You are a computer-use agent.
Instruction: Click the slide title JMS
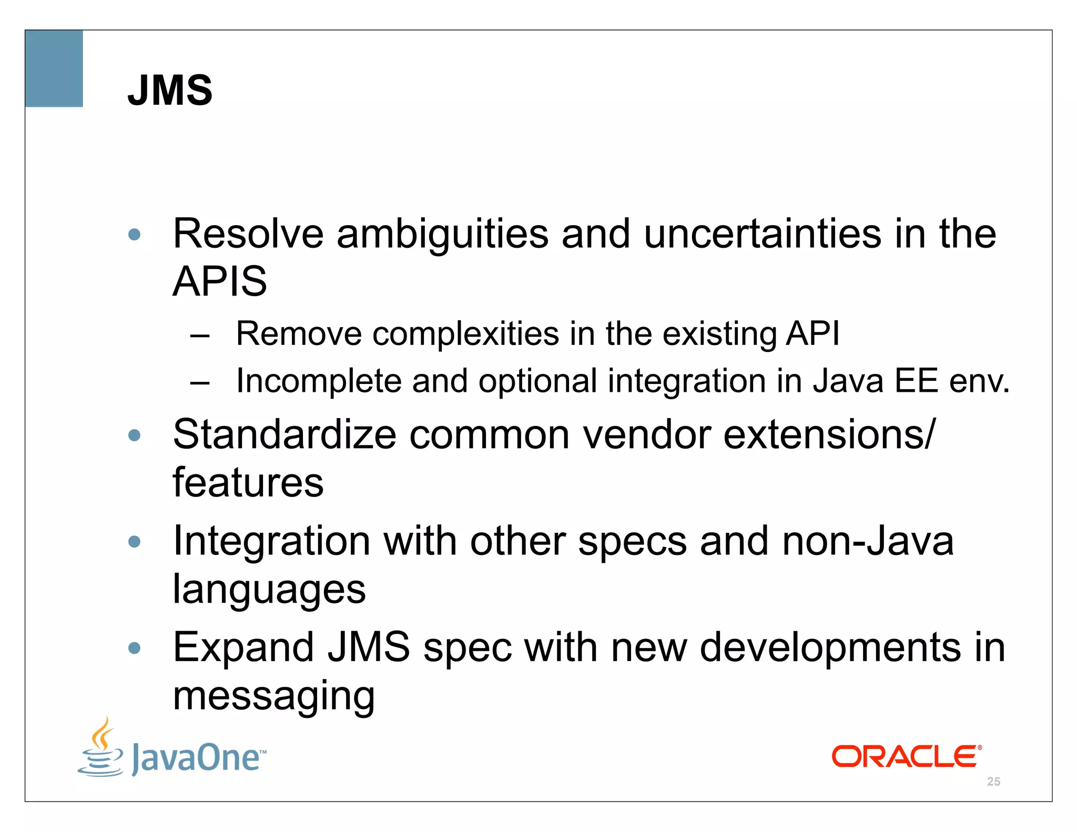point(170,90)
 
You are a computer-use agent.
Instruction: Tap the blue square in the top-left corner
point(54,68)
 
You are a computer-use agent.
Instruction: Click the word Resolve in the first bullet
point(248,234)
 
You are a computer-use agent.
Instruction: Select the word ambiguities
point(442,235)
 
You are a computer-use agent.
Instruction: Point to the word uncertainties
point(762,234)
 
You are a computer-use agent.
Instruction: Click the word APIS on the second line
point(219,281)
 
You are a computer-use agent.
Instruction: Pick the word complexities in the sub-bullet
point(465,334)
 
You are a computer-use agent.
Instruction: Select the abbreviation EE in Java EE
point(916,381)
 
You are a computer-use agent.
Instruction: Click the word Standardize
point(285,435)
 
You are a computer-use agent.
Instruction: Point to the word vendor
point(647,435)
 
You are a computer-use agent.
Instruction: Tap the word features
point(248,483)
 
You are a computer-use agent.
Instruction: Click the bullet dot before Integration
point(135,541)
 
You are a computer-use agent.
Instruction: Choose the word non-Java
point(867,541)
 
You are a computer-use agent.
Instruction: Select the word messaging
point(273,696)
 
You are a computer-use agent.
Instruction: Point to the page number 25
point(993,782)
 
